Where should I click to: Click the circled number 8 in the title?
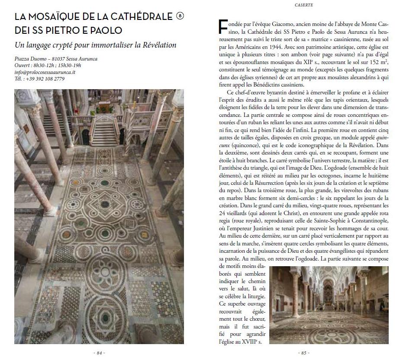click(180, 16)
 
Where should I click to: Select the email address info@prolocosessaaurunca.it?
click(45, 72)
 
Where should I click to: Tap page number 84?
click(100, 353)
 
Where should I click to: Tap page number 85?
click(303, 353)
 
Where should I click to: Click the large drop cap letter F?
click(224, 27)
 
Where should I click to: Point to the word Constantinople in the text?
click(364, 221)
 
